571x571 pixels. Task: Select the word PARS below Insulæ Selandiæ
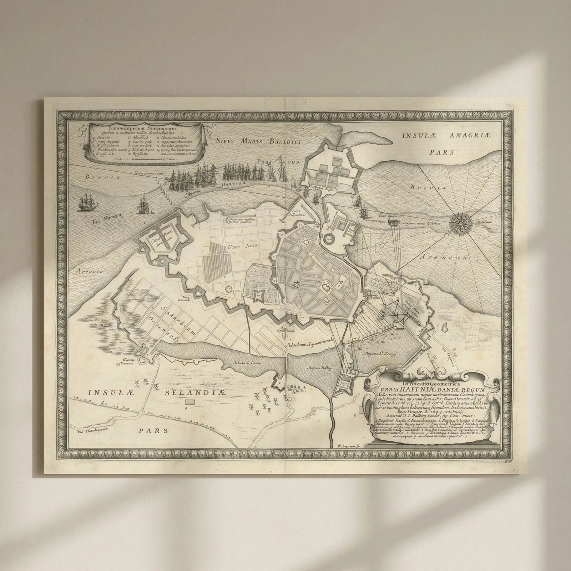[x=153, y=430]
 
